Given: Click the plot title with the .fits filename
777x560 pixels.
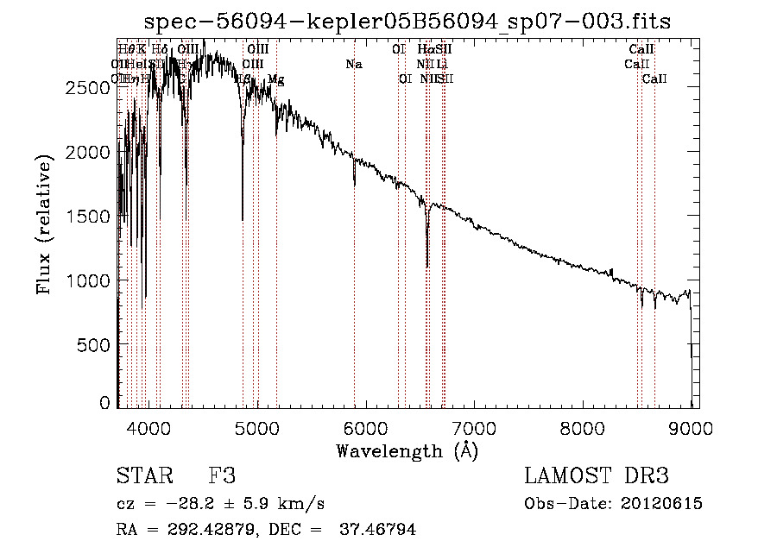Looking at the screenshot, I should click(x=408, y=21).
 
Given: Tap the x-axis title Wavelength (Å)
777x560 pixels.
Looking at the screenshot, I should click(x=407, y=450).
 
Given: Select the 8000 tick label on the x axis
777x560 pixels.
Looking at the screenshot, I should click(x=584, y=426).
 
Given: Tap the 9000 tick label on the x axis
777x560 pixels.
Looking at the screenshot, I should click(x=692, y=426).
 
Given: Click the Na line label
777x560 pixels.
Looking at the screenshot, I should click(x=353, y=65).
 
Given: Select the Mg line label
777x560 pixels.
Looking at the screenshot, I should click(x=275, y=79).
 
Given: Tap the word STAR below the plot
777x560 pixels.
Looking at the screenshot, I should click(x=144, y=476).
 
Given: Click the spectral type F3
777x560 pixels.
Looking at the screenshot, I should click(x=222, y=476).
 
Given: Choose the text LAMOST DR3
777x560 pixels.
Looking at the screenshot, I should click(x=597, y=476).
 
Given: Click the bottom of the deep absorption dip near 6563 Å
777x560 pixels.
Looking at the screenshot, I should click(x=427, y=267).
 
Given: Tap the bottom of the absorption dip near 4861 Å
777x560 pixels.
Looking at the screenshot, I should click(x=243, y=220).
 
